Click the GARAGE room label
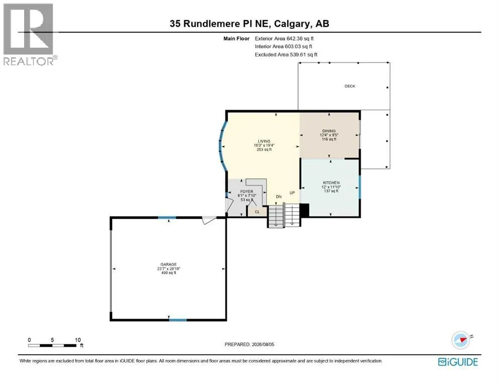[x=168, y=264]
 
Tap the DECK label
[x=350, y=86]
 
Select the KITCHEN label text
[x=331, y=182]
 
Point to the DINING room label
[x=329, y=131]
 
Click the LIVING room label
[x=264, y=141]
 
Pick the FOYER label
[x=247, y=191]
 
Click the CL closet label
[x=257, y=212]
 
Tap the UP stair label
[x=292, y=193]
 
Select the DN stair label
[x=279, y=197]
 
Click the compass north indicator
[x=461, y=340]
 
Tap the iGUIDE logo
[x=458, y=362]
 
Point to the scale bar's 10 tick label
[x=78, y=340]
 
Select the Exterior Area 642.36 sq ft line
[x=284, y=39]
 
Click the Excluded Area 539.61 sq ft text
[x=286, y=54]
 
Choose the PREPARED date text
[x=249, y=344]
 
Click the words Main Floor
[x=237, y=39]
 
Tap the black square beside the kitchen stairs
[x=305, y=211]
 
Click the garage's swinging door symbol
[x=209, y=220]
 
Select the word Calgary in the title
[x=292, y=24]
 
